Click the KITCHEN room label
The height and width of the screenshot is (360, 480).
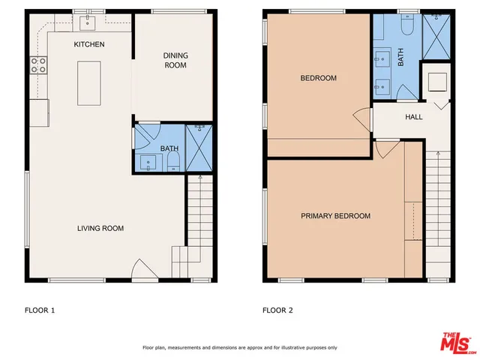click(x=88, y=45)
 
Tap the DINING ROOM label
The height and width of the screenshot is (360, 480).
click(x=175, y=61)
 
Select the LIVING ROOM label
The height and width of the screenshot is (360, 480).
click(x=100, y=228)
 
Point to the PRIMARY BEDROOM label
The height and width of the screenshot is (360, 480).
click(x=335, y=216)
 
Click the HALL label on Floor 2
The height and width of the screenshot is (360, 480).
click(x=414, y=117)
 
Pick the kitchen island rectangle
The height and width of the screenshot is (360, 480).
click(x=88, y=83)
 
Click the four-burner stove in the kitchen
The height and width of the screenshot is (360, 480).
click(x=37, y=66)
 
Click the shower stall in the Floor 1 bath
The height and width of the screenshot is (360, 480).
click(x=199, y=148)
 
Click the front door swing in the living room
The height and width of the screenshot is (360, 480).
click(x=142, y=270)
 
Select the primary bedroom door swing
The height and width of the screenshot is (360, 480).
click(x=384, y=149)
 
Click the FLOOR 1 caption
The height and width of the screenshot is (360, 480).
click(x=40, y=309)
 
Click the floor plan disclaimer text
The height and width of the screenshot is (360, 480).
click(x=239, y=347)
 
